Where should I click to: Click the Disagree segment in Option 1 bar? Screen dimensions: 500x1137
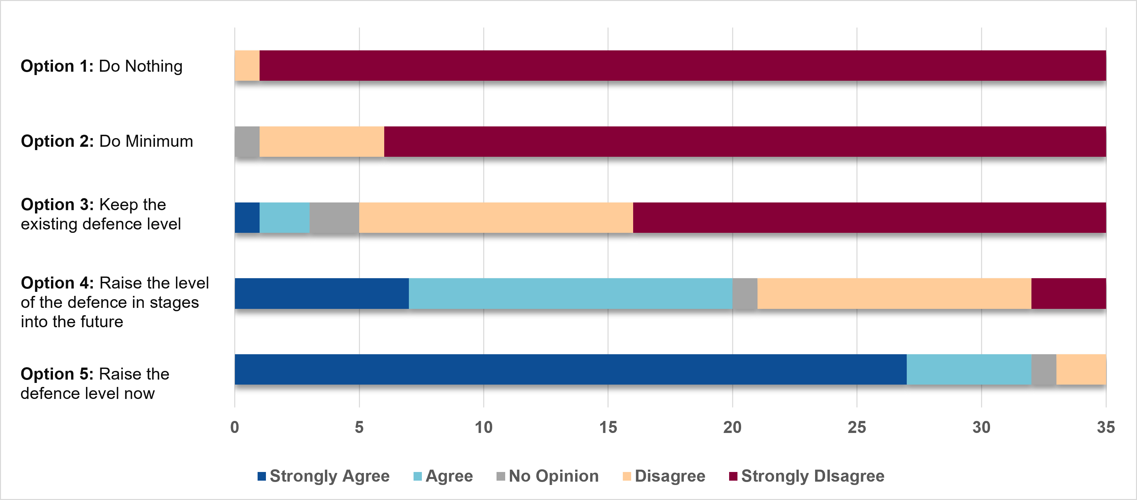(x=247, y=65)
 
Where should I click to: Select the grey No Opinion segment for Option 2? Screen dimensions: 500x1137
(x=247, y=141)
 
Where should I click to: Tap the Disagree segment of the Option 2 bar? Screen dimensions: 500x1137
(x=322, y=141)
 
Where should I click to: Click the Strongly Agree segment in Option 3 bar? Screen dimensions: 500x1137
(x=247, y=217)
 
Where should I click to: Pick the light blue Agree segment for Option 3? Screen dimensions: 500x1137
(x=284, y=217)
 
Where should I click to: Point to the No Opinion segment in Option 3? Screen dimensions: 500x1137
(x=334, y=217)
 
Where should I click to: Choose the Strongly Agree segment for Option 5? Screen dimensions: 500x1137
(x=570, y=369)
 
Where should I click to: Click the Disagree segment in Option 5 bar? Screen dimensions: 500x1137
(x=1081, y=369)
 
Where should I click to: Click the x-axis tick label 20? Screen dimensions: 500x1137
(x=732, y=427)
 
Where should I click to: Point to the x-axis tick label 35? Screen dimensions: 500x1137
(x=1106, y=427)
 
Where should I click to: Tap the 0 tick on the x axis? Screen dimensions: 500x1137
(x=234, y=427)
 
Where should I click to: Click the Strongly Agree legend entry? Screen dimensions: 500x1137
(x=324, y=476)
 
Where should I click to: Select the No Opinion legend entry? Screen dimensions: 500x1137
(x=548, y=476)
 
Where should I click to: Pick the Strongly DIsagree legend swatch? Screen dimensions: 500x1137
(x=733, y=476)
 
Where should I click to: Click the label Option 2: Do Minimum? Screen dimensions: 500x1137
(x=107, y=141)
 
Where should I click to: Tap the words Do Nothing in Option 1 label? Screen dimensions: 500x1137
(x=140, y=66)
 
